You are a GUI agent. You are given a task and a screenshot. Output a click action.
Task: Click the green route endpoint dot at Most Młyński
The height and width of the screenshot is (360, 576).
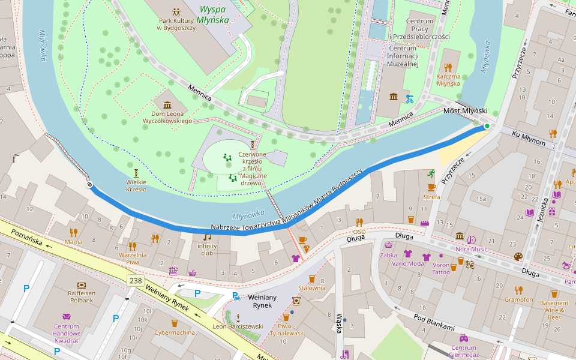[x=487, y=126]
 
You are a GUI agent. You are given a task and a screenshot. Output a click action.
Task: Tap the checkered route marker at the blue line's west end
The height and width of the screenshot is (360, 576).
[x=89, y=185]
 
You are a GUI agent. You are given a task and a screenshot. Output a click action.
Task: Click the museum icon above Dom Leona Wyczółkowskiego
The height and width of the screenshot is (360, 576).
[x=167, y=105]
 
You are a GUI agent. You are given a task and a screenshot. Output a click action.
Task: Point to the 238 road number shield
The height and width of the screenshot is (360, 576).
[x=134, y=280]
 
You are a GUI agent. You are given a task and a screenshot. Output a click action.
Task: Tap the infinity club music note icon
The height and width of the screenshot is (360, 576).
[x=207, y=236]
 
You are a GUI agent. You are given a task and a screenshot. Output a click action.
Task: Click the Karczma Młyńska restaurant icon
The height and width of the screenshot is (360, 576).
[x=448, y=67]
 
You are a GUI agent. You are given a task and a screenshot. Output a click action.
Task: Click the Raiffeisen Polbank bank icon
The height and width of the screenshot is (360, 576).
[x=82, y=284]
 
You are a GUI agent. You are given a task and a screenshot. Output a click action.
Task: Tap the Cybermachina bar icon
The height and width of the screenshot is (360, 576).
[x=174, y=323]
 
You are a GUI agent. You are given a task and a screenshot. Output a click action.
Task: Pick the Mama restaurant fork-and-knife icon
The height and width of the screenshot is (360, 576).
[x=73, y=232]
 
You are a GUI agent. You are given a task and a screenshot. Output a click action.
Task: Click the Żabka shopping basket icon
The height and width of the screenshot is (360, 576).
[x=388, y=245]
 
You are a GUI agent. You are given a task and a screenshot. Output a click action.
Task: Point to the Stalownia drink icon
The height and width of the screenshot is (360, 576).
[x=312, y=278]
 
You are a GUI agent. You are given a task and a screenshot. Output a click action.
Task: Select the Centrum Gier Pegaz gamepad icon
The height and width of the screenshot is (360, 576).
[x=463, y=338]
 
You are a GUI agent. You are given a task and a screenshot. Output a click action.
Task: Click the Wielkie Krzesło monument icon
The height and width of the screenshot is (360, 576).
[x=136, y=173]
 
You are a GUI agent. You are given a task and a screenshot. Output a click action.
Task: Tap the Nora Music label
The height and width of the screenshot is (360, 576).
[x=471, y=249]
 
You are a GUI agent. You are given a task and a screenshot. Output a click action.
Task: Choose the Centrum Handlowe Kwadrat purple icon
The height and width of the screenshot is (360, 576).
[x=67, y=317]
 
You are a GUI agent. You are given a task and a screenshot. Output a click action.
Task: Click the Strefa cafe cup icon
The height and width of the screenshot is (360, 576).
[x=431, y=187]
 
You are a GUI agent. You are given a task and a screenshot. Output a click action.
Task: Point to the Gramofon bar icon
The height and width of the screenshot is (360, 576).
[x=518, y=290]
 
